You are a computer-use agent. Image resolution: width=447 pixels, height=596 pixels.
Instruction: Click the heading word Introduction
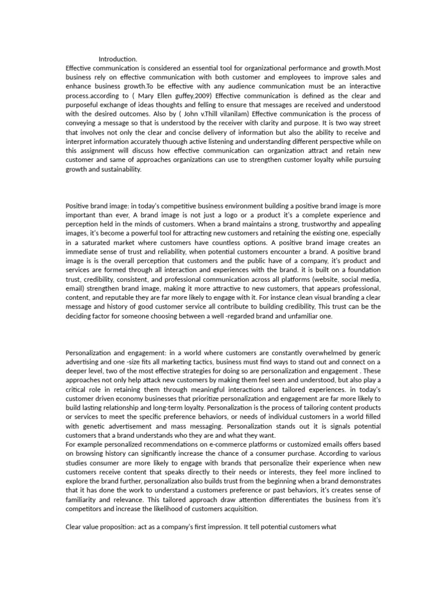click(x=118, y=59)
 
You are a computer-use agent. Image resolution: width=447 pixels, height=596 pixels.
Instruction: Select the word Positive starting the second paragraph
click(x=80, y=205)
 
